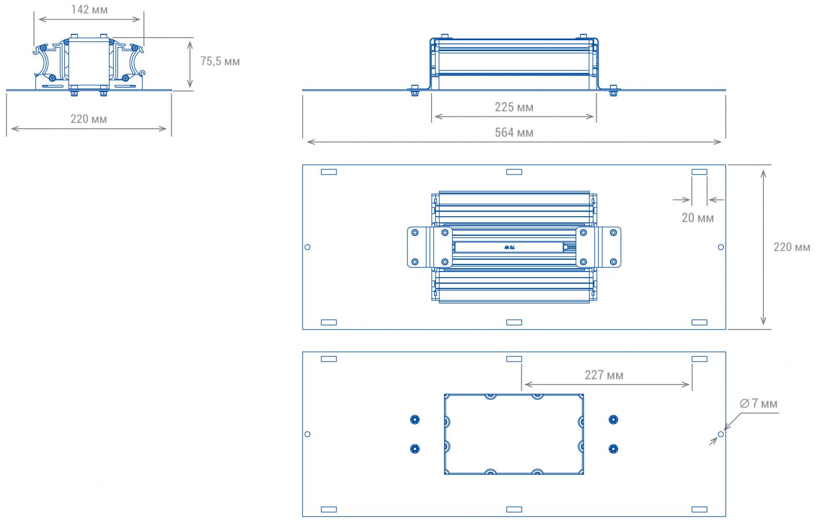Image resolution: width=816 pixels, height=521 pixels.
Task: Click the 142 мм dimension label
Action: click(x=89, y=9)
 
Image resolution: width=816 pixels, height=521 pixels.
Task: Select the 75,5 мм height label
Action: click(x=220, y=61)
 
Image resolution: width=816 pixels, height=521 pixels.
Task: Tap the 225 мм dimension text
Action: click(x=513, y=107)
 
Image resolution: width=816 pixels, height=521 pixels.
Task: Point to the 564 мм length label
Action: click(x=513, y=132)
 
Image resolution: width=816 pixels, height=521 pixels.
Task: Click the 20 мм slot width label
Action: click(x=698, y=218)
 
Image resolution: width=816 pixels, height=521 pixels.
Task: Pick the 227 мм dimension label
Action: click(x=604, y=375)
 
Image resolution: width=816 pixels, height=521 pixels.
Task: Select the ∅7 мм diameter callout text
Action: click(x=759, y=403)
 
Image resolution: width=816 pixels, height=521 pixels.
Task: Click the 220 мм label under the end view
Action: click(x=89, y=119)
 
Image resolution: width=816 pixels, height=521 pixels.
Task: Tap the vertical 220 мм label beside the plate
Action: click(x=791, y=247)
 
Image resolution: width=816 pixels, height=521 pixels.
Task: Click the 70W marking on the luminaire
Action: click(x=509, y=247)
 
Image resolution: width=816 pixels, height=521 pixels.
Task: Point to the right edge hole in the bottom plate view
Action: click(x=721, y=434)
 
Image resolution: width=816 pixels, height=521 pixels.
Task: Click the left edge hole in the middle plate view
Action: click(x=307, y=247)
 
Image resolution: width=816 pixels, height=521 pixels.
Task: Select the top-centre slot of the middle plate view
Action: click(x=514, y=172)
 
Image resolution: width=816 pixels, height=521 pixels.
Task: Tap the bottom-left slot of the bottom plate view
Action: click(x=329, y=510)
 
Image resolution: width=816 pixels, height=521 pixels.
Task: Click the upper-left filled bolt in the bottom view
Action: click(x=415, y=419)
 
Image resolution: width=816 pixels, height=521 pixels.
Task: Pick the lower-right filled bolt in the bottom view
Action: click(x=614, y=449)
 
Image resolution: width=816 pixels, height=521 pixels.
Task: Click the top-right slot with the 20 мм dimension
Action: click(x=700, y=172)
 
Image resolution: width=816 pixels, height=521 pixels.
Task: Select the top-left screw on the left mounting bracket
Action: click(x=415, y=232)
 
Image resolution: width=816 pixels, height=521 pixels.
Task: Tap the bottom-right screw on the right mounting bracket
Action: click(x=614, y=262)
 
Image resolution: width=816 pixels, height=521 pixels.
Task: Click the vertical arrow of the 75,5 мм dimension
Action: click(x=190, y=65)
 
